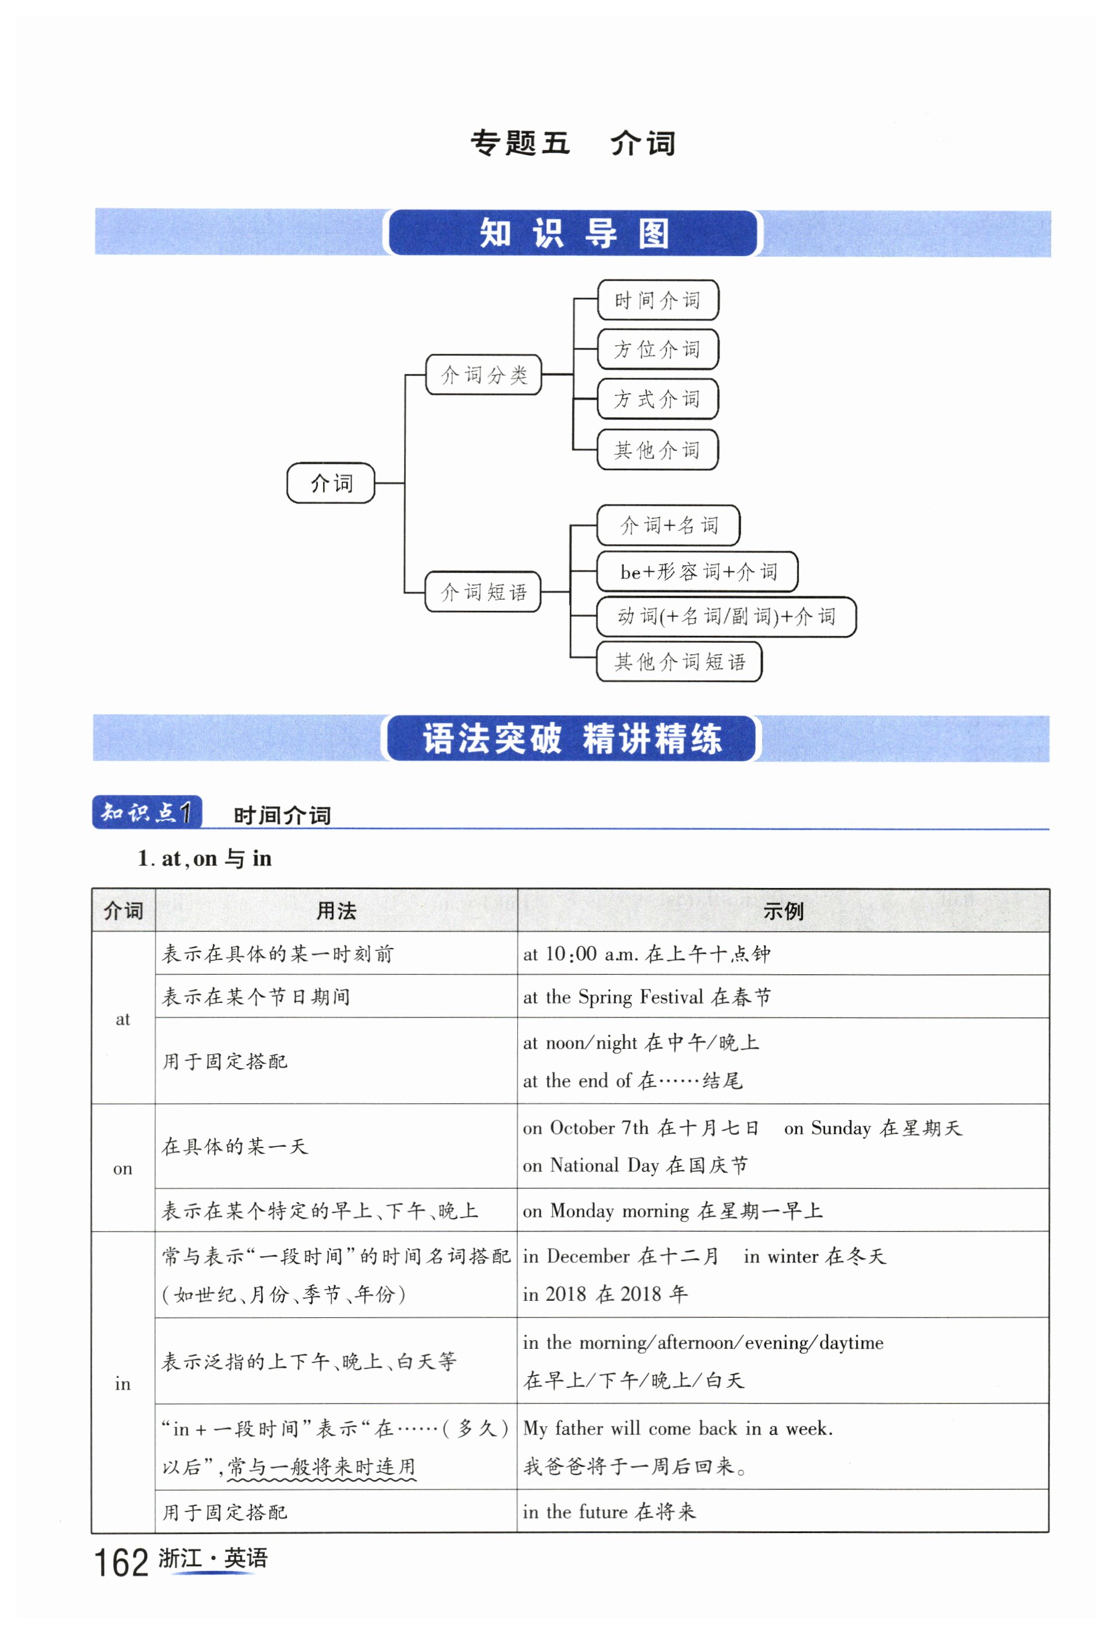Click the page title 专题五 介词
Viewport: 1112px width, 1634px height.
tap(572, 143)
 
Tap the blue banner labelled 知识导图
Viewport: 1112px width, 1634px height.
tap(572, 233)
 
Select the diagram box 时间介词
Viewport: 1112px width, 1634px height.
tap(657, 300)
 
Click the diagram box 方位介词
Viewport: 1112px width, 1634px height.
tap(657, 349)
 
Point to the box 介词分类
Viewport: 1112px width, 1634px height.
tap(483, 375)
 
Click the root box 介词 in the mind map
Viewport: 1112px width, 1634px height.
tap(331, 483)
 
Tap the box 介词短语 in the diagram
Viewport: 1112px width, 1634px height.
tap(483, 592)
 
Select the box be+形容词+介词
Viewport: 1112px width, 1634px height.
tap(697, 572)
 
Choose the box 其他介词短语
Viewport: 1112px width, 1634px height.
tap(678, 661)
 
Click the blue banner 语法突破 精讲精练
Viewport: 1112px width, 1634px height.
tap(571, 739)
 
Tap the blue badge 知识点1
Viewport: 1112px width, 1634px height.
tap(147, 812)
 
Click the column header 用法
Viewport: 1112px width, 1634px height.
tap(335, 911)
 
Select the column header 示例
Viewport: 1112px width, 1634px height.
tap(783, 911)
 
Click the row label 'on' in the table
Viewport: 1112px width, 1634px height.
tap(122, 1168)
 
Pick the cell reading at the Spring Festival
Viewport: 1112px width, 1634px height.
tap(646, 996)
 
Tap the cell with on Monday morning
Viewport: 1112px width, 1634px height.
tap(671, 1210)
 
